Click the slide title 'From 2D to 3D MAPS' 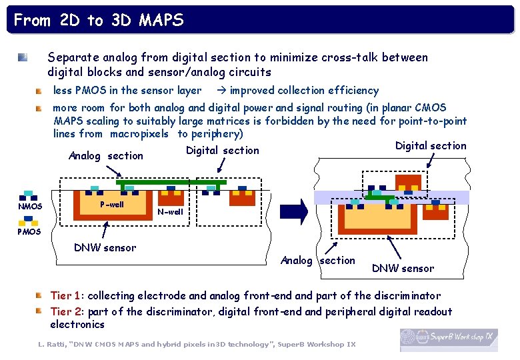98,20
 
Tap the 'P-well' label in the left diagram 111,205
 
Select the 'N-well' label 170,212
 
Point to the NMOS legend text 30,207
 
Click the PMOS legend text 29,231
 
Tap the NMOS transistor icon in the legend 28,195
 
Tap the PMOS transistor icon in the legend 28,220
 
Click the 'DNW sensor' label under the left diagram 105,248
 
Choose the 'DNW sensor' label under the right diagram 403,269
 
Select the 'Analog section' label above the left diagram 106,156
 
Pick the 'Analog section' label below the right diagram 318,261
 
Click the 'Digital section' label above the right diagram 431,146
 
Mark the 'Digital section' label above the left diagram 223,151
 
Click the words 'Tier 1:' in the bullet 67,295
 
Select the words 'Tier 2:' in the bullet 67,311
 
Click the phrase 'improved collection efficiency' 304,91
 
